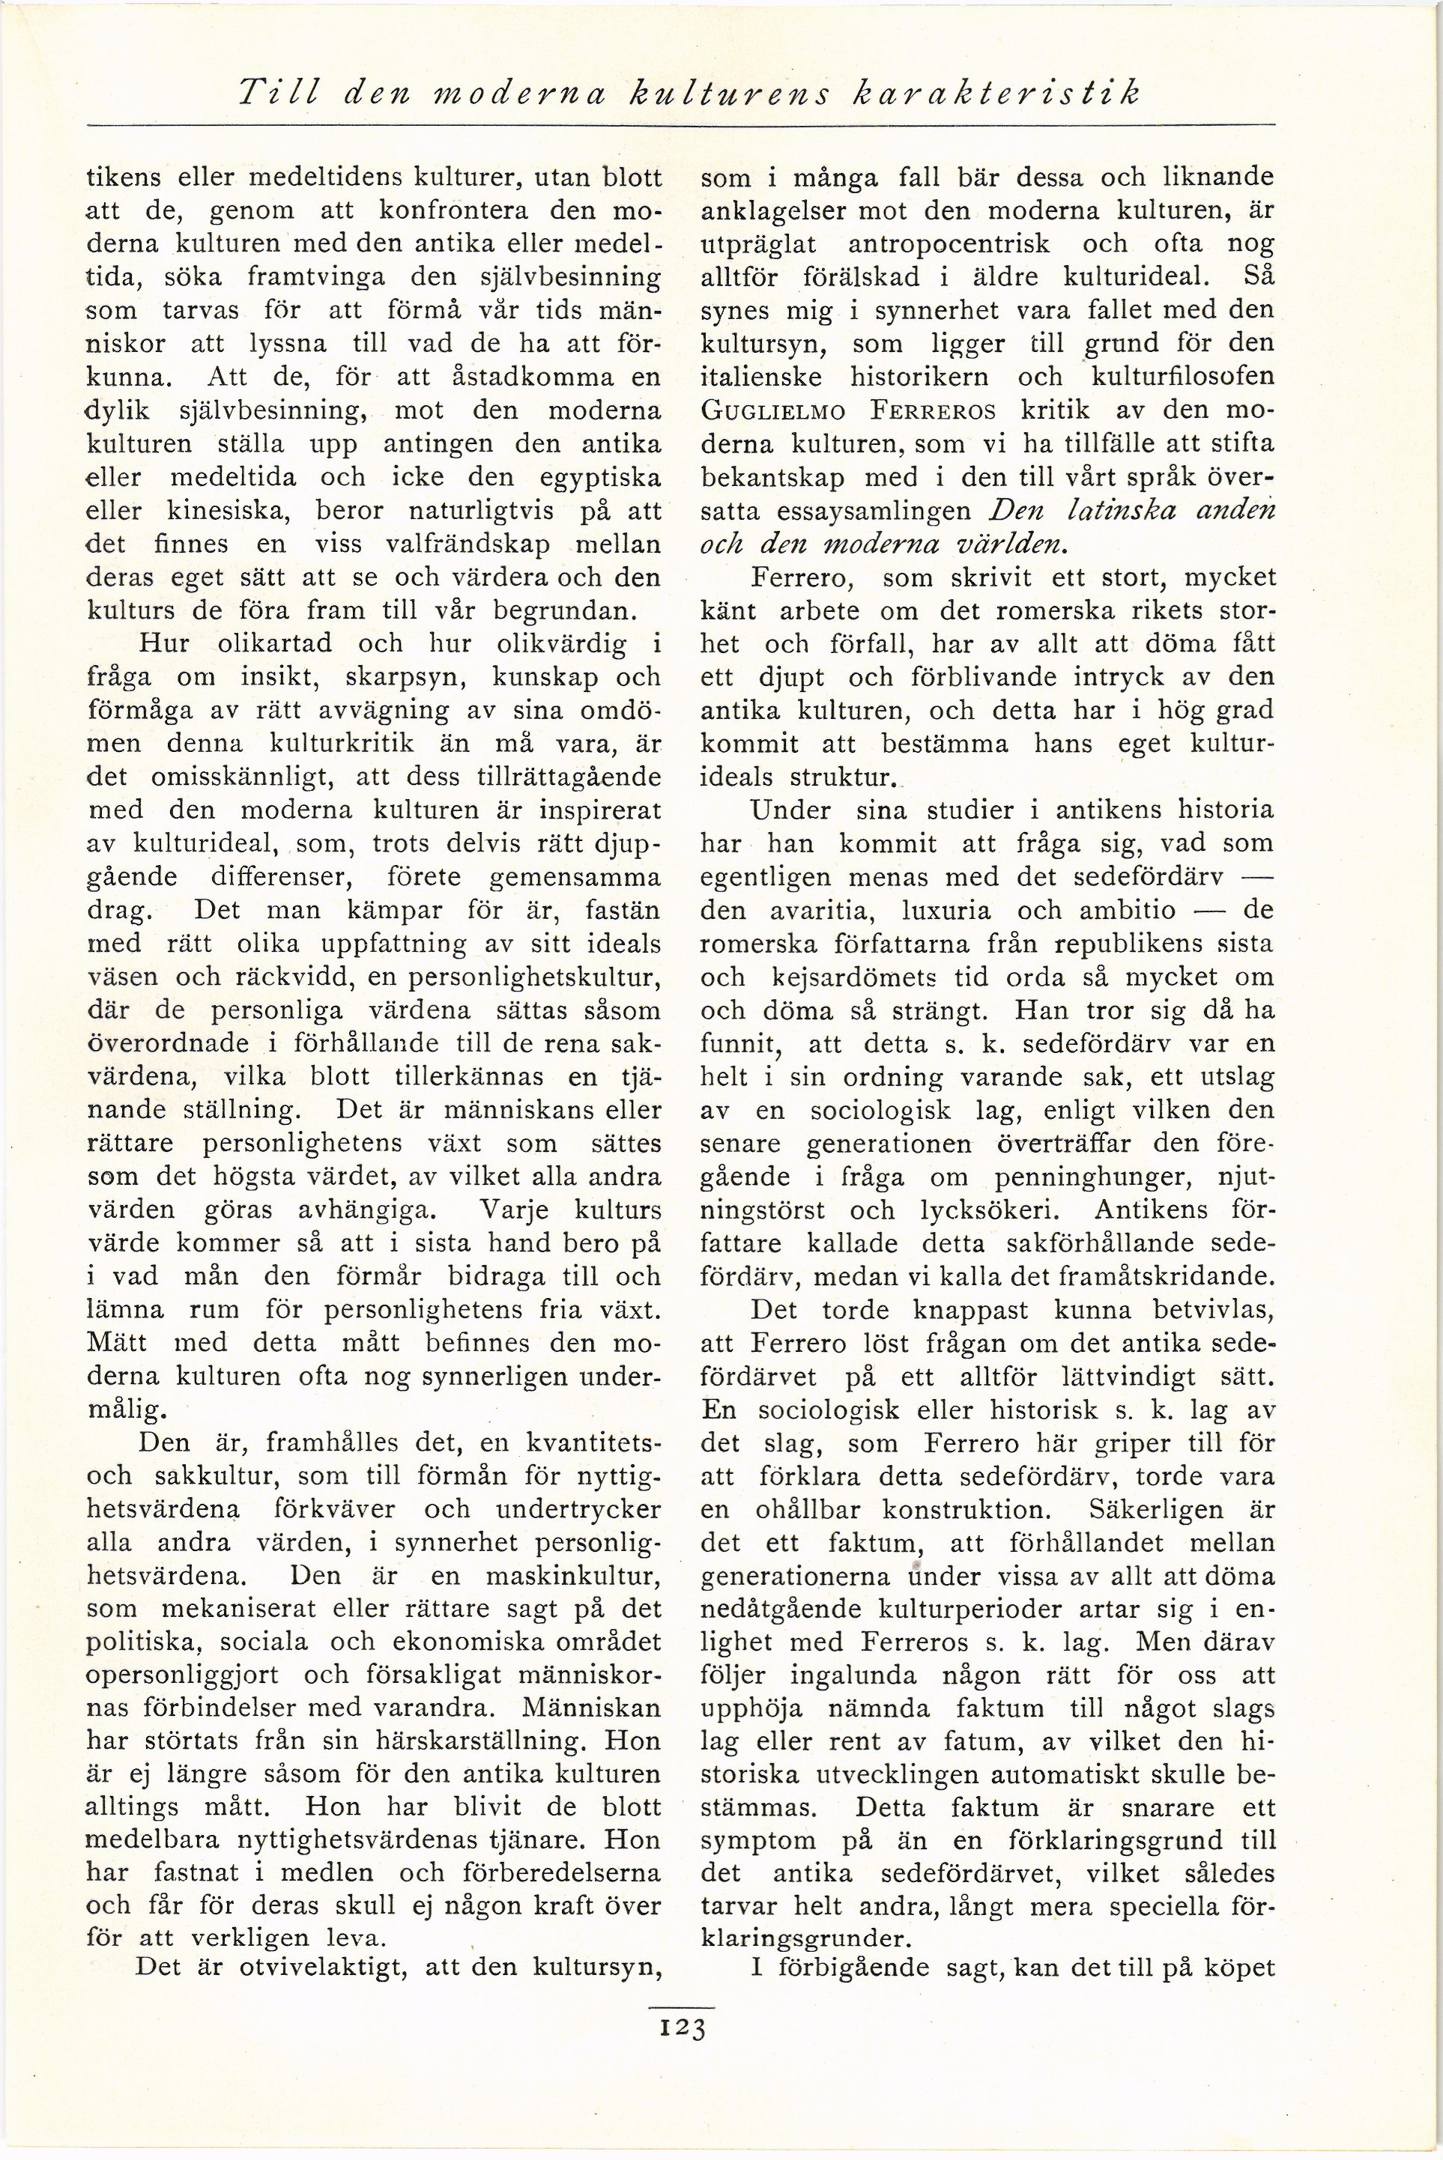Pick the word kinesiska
pos(234,511)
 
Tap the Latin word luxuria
pos(946,911)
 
